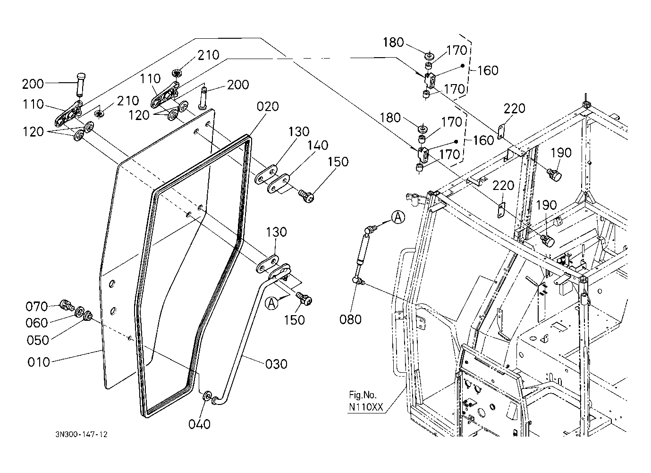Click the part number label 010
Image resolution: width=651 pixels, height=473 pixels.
point(39,362)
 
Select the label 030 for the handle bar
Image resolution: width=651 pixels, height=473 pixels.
point(276,364)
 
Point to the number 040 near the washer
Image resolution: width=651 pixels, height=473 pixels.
point(199,424)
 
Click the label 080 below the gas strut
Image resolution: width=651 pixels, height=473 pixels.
point(350,319)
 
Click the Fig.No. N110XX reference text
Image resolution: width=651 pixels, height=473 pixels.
point(366,401)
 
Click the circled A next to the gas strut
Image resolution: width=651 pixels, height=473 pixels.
point(398,217)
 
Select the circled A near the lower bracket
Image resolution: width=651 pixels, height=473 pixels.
point(271,303)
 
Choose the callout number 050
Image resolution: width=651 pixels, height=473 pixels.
point(38,340)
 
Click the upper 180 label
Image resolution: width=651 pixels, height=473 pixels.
point(393,43)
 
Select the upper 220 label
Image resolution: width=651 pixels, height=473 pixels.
point(514,108)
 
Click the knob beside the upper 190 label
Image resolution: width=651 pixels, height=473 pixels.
point(554,176)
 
